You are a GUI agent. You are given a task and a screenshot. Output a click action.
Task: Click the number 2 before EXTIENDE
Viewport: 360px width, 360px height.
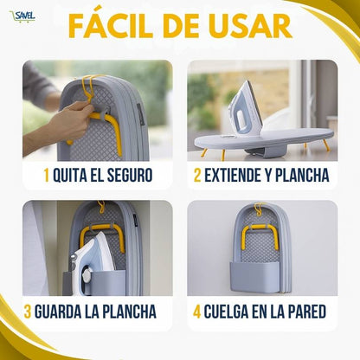pos(197,176)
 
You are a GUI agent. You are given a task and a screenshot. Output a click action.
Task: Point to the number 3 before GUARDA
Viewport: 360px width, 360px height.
pos(28,312)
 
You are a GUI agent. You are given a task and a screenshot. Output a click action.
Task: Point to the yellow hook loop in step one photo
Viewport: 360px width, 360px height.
pos(89,84)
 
